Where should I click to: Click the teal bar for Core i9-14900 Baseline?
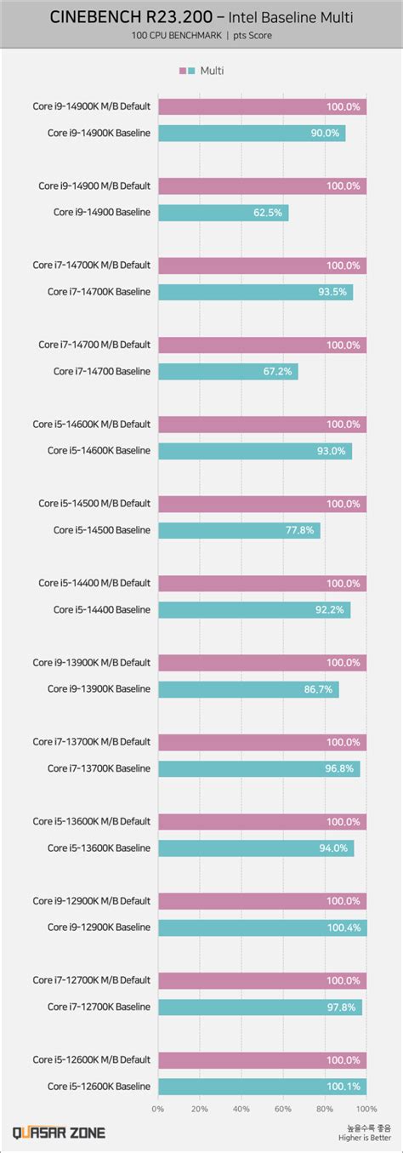click(x=223, y=213)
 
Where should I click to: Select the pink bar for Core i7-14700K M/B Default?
click(x=262, y=265)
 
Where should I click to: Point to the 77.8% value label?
click(x=301, y=530)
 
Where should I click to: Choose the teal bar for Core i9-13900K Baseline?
click(x=248, y=689)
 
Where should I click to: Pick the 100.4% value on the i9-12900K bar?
click(x=343, y=928)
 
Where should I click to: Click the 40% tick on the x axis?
click(x=241, y=1109)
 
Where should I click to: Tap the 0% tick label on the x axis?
click(x=158, y=1109)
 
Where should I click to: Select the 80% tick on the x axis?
click(x=325, y=1109)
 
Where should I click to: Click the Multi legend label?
click(x=212, y=71)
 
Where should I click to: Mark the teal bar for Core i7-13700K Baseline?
click(x=258, y=768)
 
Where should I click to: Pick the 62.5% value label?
click(x=268, y=213)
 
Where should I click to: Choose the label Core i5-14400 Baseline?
click(x=101, y=610)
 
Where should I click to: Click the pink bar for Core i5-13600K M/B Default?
click(x=262, y=821)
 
